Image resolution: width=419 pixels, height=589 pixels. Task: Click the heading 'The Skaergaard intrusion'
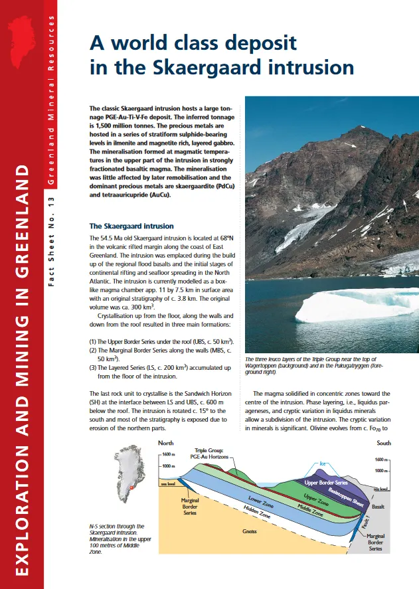coord(131,226)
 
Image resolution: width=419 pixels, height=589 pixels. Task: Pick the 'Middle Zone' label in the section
coord(309,511)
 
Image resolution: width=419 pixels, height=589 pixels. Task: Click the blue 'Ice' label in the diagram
coord(324,463)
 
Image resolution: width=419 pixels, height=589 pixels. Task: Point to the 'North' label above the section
coord(168,442)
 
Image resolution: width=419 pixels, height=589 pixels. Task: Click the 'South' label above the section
coord(384,442)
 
